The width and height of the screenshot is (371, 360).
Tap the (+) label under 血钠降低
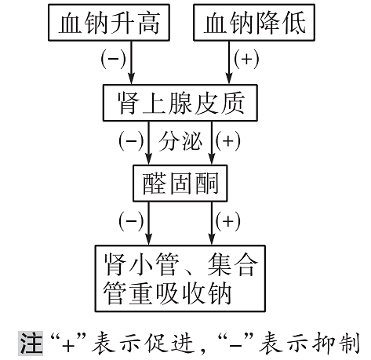pyautogui.click(x=247, y=59)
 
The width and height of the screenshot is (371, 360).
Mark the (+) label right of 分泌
pyautogui.click(x=227, y=142)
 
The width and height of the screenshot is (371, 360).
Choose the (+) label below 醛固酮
pyautogui.click(x=227, y=222)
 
